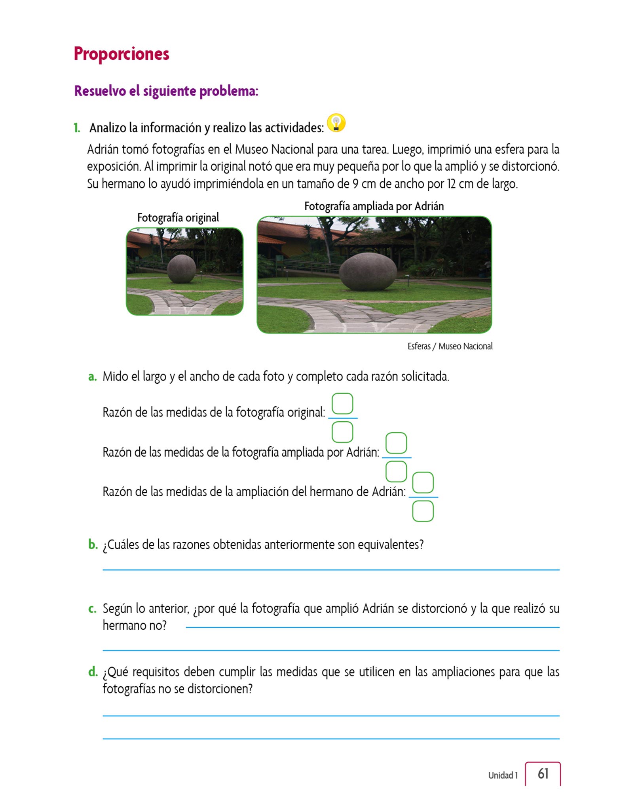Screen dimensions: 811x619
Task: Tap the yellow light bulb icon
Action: pos(336,123)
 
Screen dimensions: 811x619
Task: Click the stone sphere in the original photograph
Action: pos(182,269)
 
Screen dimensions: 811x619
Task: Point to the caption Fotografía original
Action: pos(178,218)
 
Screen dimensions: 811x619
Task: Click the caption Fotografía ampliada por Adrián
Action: pos(374,206)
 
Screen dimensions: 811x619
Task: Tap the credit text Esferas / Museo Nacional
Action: pos(450,346)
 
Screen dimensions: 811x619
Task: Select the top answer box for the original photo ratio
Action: pos(342,404)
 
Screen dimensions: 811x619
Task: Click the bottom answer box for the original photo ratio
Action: pos(342,432)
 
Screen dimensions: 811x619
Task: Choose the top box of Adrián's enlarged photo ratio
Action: pos(396,443)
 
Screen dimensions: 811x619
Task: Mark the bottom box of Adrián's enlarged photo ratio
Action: pos(396,471)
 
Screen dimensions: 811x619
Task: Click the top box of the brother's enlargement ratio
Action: pos(423,482)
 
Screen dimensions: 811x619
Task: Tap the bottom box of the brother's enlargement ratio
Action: pos(423,511)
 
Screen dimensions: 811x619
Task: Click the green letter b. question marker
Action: pos(93,545)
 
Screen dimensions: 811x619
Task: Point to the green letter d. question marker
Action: pos(93,672)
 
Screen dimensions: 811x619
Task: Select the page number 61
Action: pos(543,773)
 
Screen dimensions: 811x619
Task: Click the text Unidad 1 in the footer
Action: pos(503,775)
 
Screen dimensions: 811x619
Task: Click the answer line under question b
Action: pos(331,569)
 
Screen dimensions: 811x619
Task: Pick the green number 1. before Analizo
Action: pos(77,128)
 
